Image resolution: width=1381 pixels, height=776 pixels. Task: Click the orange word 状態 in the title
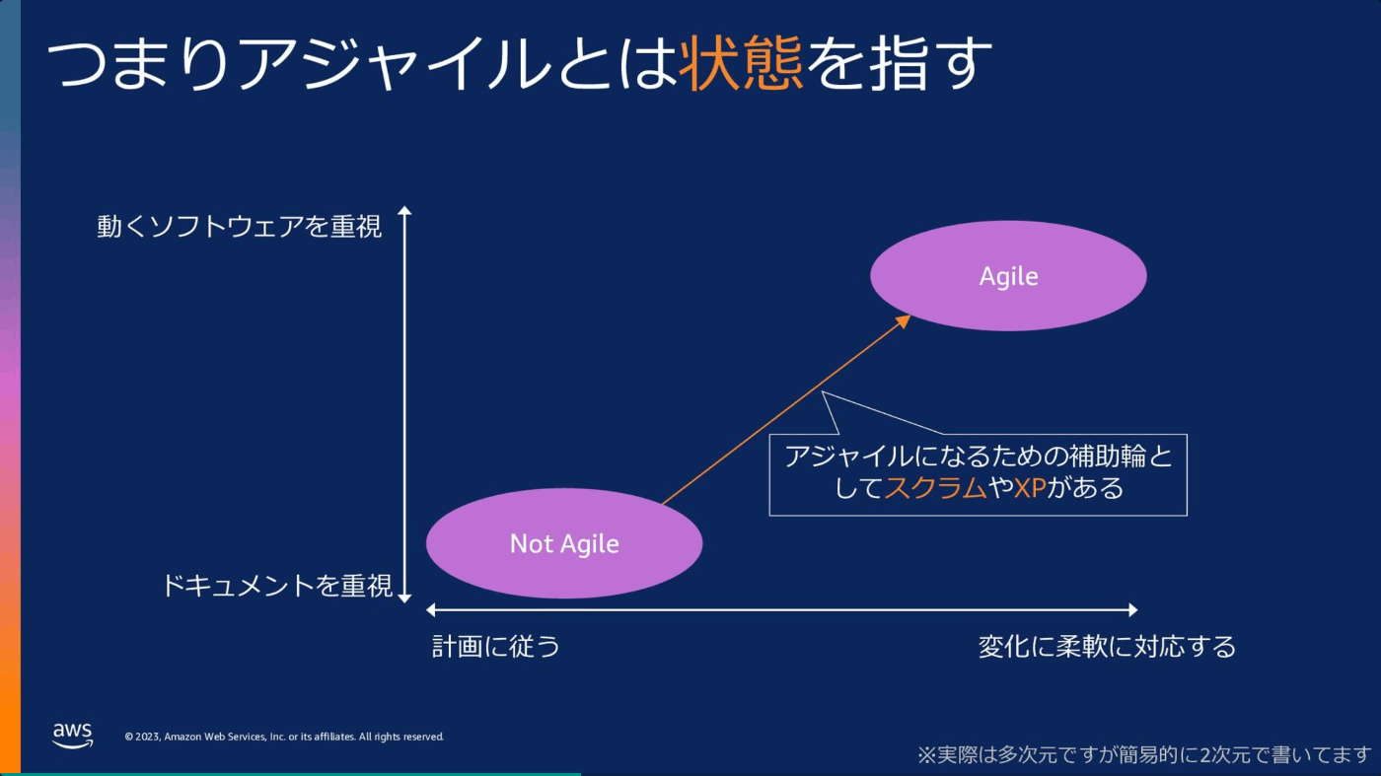(x=741, y=63)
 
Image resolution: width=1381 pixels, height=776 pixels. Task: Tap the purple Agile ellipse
(x=1008, y=275)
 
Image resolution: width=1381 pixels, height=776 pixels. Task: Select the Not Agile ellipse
(x=564, y=543)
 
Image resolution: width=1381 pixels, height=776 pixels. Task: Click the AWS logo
(x=73, y=736)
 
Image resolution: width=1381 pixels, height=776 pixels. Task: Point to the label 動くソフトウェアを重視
(x=239, y=226)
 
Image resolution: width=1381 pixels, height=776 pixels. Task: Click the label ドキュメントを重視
(x=277, y=585)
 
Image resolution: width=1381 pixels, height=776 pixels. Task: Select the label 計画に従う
(x=496, y=647)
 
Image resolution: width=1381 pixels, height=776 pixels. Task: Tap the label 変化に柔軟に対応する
(x=1107, y=647)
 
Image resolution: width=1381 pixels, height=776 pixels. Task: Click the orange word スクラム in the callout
(x=935, y=488)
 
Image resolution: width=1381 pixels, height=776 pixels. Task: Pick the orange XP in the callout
(x=1030, y=488)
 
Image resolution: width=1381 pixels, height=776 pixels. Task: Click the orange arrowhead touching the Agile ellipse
(x=904, y=321)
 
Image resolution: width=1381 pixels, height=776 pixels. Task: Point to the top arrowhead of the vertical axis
(x=404, y=211)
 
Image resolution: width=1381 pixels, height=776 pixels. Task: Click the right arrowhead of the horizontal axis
(x=1133, y=610)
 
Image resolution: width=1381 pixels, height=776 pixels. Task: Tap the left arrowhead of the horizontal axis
(x=431, y=610)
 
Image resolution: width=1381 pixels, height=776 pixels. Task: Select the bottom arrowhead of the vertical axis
(x=404, y=598)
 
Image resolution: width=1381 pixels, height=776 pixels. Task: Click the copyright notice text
(x=284, y=737)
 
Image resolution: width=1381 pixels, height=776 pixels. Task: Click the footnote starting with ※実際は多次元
(x=1144, y=754)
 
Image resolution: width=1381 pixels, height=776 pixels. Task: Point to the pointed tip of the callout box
(x=823, y=392)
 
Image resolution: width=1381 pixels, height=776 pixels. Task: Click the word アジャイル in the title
(x=394, y=63)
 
